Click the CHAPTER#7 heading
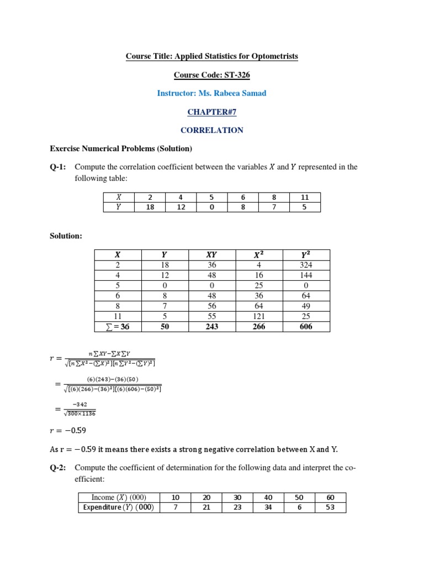211,112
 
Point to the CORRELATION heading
212,131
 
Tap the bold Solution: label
66,236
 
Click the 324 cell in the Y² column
306,265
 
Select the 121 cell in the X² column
258,316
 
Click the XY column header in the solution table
211,254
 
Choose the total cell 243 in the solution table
211,327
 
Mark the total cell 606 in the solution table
306,327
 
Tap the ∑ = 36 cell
117,327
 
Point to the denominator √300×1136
80,413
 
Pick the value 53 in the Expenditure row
330,508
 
